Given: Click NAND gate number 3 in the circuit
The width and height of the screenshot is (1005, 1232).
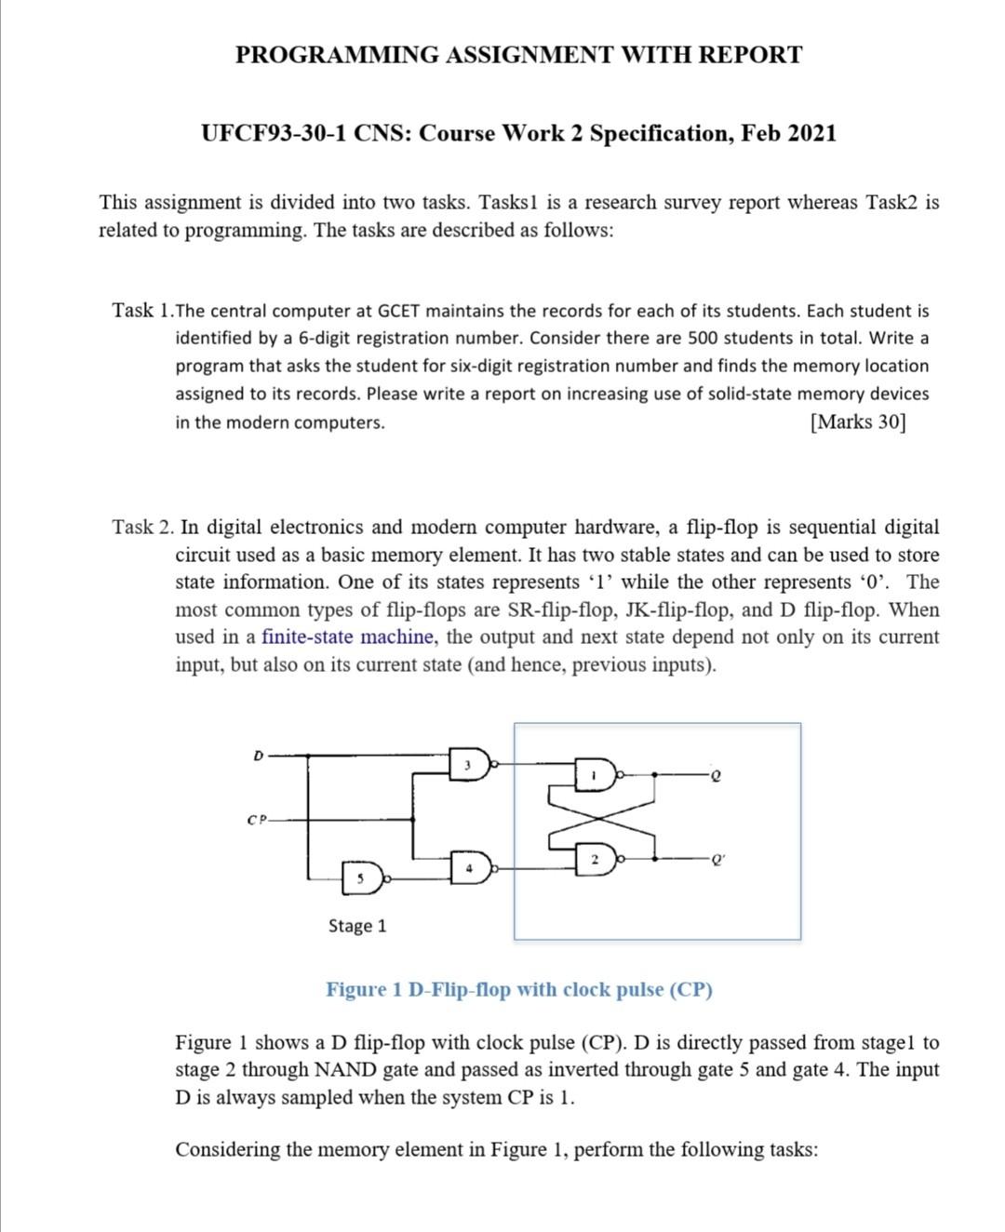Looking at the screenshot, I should (470, 765).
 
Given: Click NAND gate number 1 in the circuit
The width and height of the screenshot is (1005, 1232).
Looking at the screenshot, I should (595, 774).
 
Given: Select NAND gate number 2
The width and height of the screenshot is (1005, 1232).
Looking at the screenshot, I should (595, 861).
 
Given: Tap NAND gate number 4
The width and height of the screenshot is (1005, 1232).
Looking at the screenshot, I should (470, 868).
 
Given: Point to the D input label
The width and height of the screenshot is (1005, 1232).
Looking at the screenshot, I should (258, 754).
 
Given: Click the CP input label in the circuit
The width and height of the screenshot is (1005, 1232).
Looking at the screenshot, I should (256, 820).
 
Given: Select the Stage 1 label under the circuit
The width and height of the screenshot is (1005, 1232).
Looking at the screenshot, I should (357, 926).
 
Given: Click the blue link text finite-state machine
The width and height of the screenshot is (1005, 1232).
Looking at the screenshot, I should (348, 637).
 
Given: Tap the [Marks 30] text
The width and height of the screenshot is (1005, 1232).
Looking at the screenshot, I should (857, 422).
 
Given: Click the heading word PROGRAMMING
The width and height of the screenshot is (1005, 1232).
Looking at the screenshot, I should (337, 55).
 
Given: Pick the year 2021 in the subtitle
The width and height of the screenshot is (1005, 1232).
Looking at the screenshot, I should (811, 133).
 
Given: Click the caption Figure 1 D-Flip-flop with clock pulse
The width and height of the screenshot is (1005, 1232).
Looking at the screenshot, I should (518, 989).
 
